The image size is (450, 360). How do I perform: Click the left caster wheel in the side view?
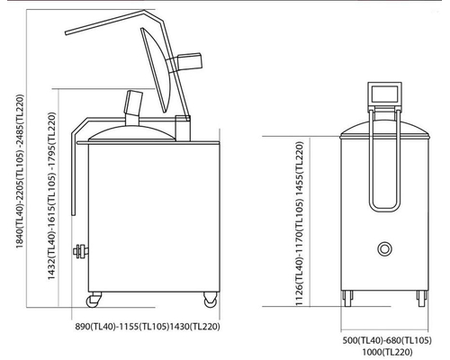pos(93,301)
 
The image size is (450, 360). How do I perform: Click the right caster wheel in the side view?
pos(211,300)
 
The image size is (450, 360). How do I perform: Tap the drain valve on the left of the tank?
pos(80,251)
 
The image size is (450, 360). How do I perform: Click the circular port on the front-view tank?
pos(384,249)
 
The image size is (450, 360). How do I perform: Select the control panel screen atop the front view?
pos(385,94)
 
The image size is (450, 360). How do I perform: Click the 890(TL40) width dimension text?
pos(95,327)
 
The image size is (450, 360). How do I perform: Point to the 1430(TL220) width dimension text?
pos(195,327)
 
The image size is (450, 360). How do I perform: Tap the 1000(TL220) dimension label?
pos(388,352)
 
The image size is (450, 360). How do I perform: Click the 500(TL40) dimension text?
pos(363,340)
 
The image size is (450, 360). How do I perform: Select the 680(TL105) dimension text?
pos(409,340)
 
